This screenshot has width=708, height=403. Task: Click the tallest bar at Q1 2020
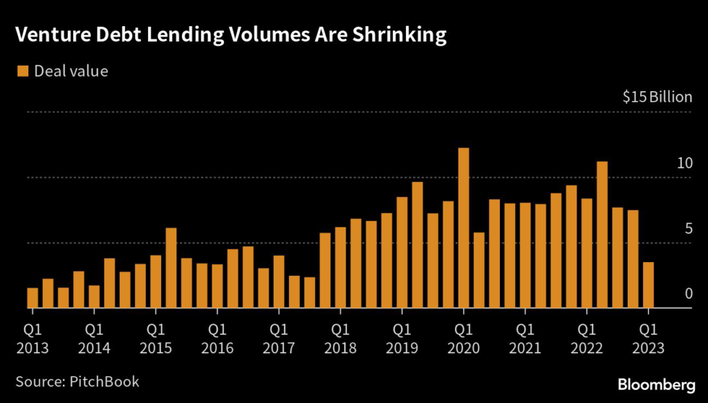tap(463, 228)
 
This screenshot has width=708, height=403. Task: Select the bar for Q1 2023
tap(648, 285)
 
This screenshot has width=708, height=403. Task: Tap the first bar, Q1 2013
tap(32, 298)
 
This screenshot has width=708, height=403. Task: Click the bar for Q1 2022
tap(586, 253)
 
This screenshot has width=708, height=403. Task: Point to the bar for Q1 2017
tap(279, 282)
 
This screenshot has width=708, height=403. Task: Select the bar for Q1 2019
tap(402, 252)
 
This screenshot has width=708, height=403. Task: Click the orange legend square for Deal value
tap(23, 71)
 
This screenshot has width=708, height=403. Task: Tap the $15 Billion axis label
tap(657, 97)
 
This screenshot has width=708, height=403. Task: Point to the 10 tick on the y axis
tap(684, 164)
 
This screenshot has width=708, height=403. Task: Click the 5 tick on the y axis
tap(688, 229)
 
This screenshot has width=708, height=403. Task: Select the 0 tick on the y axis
tap(688, 294)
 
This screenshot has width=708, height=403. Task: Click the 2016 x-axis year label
tap(217, 348)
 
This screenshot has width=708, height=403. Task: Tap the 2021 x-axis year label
tap(525, 348)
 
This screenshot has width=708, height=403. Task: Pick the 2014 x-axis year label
tap(94, 348)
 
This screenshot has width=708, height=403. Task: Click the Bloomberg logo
tap(656, 382)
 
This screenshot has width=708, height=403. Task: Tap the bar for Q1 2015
tap(156, 281)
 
